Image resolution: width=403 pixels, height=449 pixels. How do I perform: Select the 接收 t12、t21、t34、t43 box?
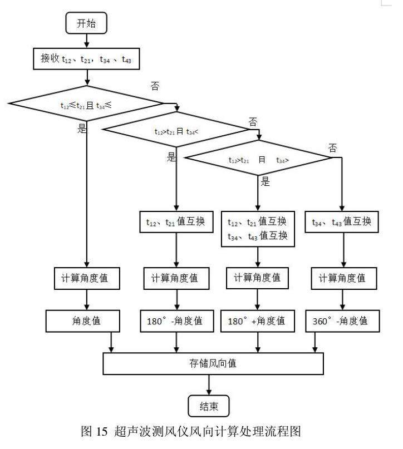(x=86, y=58)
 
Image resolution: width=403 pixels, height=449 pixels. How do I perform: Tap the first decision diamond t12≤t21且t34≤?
(x=86, y=103)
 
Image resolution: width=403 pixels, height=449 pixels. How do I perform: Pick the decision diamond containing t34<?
(x=175, y=131)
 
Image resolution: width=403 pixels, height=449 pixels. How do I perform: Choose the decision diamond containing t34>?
(x=258, y=159)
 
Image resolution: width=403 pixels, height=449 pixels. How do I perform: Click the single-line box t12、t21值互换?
(x=176, y=222)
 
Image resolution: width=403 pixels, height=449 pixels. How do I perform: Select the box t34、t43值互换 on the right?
(x=342, y=222)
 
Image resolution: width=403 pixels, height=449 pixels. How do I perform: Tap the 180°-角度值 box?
(x=176, y=321)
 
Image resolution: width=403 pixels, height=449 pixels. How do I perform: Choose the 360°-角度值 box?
(x=342, y=321)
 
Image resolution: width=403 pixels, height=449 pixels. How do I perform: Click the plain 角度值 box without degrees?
(x=86, y=321)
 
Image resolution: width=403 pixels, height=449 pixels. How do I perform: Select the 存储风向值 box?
(x=213, y=364)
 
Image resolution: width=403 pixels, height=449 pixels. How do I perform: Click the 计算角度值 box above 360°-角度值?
(x=342, y=278)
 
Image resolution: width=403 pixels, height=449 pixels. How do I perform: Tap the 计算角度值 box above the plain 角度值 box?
(x=86, y=278)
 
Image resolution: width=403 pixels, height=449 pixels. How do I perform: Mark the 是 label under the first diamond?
(x=82, y=129)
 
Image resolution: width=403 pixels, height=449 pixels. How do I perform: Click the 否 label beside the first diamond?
(x=155, y=85)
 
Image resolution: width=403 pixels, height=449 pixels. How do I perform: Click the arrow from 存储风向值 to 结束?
(x=209, y=384)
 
